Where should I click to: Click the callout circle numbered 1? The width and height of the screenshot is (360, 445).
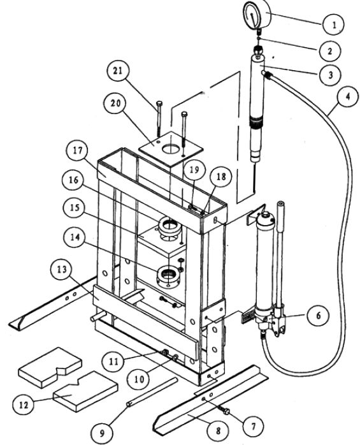(x=333, y=24)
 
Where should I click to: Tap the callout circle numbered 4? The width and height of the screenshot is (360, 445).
(x=347, y=97)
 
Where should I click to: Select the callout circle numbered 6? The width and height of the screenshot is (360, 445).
(x=319, y=316)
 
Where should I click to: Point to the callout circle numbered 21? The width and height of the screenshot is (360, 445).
(x=118, y=70)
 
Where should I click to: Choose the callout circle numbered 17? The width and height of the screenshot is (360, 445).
(x=78, y=150)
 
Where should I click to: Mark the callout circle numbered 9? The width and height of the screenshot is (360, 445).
(x=102, y=433)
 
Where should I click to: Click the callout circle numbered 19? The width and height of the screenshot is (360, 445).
(x=194, y=170)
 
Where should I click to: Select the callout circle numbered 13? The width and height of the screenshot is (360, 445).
(x=62, y=270)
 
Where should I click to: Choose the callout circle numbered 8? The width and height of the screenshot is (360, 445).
(x=219, y=431)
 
